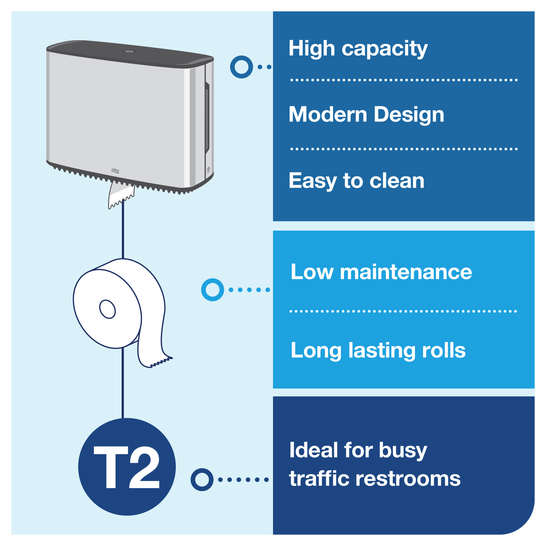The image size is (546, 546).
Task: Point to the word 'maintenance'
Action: click(x=406, y=272)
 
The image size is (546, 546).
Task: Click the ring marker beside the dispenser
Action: click(x=241, y=67)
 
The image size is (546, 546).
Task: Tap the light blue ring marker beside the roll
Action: click(x=212, y=290)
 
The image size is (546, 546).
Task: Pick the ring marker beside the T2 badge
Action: click(x=202, y=480)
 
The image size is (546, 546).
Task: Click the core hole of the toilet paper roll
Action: click(x=107, y=309)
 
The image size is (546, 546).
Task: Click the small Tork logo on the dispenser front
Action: click(x=115, y=171)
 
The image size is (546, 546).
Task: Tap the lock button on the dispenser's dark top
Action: click(x=130, y=51)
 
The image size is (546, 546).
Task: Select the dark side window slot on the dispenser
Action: click(x=207, y=117)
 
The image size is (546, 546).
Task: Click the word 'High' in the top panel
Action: click(x=311, y=48)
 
